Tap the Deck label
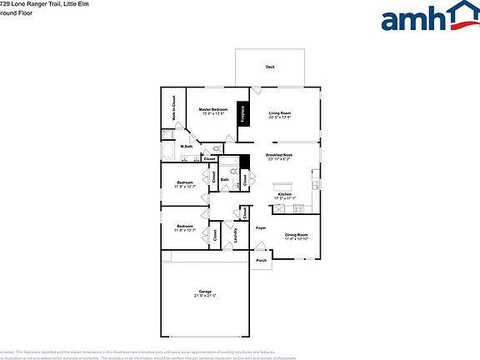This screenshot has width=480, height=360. click(x=270, y=67)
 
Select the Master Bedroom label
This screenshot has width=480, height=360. click(x=213, y=110)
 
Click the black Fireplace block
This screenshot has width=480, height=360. click(x=242, y=114)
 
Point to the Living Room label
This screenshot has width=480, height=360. click(x=279, y=112)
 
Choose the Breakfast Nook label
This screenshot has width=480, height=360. click(x=279, y=155)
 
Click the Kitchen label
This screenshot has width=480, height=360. click(x=285, y=194)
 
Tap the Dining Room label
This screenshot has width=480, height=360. click(x=297, y=234)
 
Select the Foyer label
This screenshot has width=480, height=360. click(x=261, y=227)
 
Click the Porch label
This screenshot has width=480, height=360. click(x=261, y=260)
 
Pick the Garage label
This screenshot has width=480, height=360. click(x=205, y=292)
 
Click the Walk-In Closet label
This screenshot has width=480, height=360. click(x=173, y=115)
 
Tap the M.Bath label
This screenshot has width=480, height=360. click(x=187, y=147)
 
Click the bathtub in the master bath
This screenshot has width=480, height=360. click(x=169, y=152)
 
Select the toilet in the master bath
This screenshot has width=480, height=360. click(x=216, y=148)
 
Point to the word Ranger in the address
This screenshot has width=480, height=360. click(x=48, y=4)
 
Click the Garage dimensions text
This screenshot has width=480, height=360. click(x=205, y=297)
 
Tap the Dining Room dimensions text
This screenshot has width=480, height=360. click(x=297, y=239)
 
